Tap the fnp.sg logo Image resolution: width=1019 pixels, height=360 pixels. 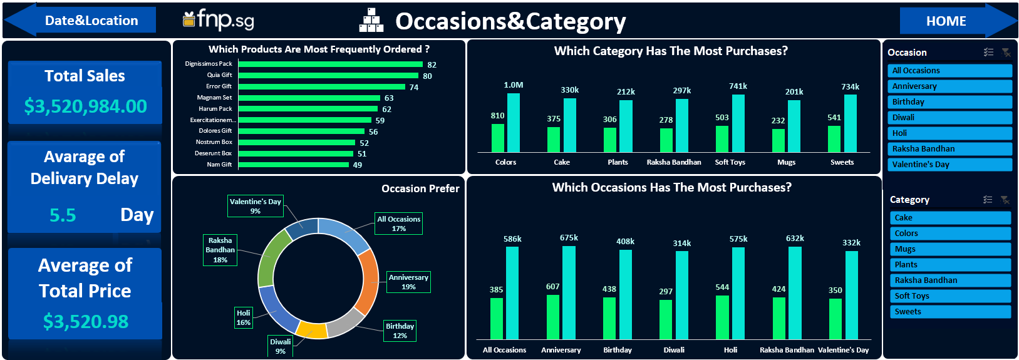click(x=219, y=20)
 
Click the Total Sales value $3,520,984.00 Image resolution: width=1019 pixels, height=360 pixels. click(x=86, y=106)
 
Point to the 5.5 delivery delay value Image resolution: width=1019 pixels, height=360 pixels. click(x=63, y=215)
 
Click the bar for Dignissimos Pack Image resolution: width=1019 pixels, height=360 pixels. click(x=331, y=64)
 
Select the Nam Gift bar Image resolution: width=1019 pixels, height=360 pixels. click(x=293, y=165)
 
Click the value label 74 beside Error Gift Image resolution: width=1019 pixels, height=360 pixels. click(x=414, y=87)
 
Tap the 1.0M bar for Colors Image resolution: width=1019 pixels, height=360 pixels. click(x=514, y=123)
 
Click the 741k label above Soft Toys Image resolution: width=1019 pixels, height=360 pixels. click(x=738, y=86)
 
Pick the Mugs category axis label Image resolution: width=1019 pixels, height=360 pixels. click(x=786, y=162)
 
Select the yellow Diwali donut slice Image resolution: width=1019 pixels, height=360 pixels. click(x=312, y=331)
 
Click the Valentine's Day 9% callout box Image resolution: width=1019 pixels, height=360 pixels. click(x=255, y=207)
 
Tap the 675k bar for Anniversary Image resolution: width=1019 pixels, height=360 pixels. click(x=569, y=293)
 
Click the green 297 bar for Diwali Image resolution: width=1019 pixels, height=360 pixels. click(x=666, y=319)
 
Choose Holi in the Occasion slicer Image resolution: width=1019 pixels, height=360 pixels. click(x=949, y=133)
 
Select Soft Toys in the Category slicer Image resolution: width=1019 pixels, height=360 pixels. click(x=950, y=296)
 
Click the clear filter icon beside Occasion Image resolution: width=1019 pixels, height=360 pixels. click(x=1006, y=53)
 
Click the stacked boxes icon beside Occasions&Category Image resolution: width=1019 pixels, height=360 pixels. click(x=371, y=21)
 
